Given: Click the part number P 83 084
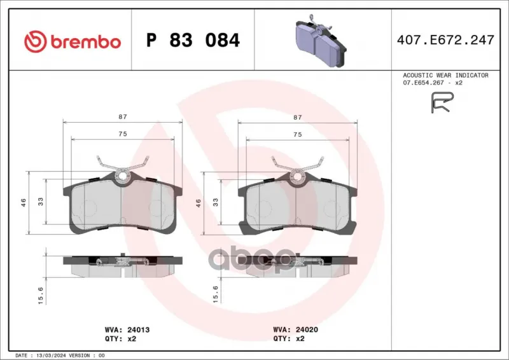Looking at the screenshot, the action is tap(193, 40).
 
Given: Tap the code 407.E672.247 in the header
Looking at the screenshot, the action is tap(445, 40).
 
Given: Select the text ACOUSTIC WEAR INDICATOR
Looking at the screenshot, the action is tap(445, 75).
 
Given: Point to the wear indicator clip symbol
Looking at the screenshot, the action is tap(442, 102).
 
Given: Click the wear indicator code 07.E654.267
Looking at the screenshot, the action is tap(423, 83).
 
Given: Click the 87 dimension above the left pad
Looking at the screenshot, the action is tap(123, 116).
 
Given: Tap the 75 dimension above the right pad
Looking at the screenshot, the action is tap(297, 134).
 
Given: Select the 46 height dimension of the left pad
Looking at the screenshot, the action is tap(24, 202).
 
